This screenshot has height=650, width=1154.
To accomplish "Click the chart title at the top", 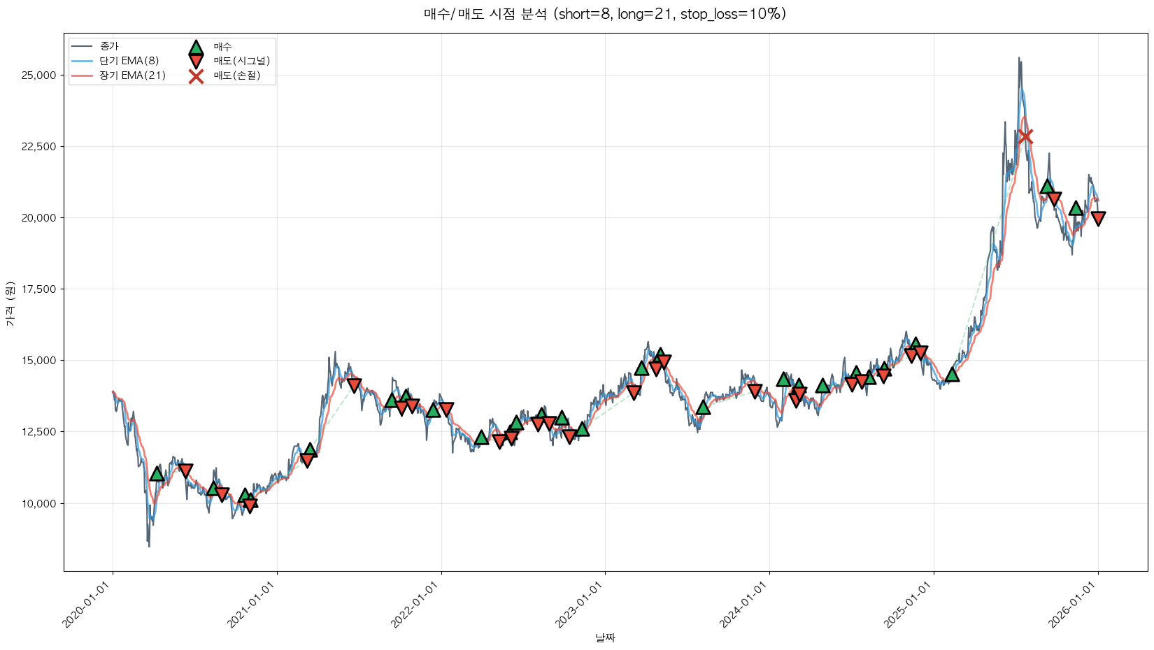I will (x=605, y=14).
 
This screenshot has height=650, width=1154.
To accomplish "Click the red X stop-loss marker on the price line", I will (x=1025, y=136).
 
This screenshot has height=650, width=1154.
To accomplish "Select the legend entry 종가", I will (x=109, y=46).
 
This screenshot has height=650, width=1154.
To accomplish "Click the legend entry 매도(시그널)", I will (x=241, y=61).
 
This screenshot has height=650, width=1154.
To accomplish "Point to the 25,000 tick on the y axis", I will (x=39, y=75).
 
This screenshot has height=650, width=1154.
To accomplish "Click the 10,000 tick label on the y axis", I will (x=39, y=503).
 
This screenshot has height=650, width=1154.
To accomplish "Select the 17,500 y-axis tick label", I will (x=39, y=289).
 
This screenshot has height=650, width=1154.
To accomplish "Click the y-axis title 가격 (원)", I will (x=10, y=303).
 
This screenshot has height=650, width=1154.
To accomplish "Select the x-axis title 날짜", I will (x=605, y=637).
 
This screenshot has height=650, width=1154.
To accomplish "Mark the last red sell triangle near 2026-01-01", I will (x=1098, y=218).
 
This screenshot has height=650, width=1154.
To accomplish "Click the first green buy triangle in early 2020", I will (x=157, y=474).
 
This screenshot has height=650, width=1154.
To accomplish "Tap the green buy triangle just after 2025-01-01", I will (x=952, y=375).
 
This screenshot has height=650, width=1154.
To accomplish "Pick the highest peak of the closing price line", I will (x=1019, y=58).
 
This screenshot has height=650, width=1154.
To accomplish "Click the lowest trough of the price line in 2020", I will (x=149, y=546).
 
